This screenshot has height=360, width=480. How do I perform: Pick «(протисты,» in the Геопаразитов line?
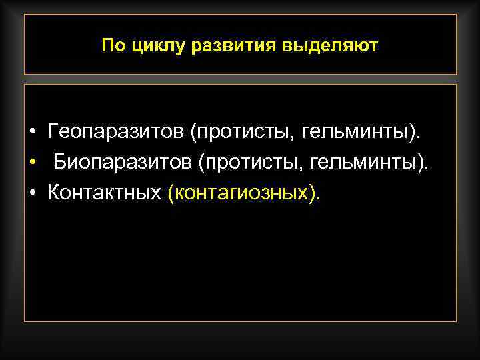[241, 133]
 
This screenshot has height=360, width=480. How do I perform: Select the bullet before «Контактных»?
[33, 194]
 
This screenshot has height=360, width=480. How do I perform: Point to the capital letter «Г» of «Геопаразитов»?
[53, 132]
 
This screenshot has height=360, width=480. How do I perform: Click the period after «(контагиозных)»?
[318, 198]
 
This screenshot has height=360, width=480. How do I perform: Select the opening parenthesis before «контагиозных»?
[172, 193]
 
